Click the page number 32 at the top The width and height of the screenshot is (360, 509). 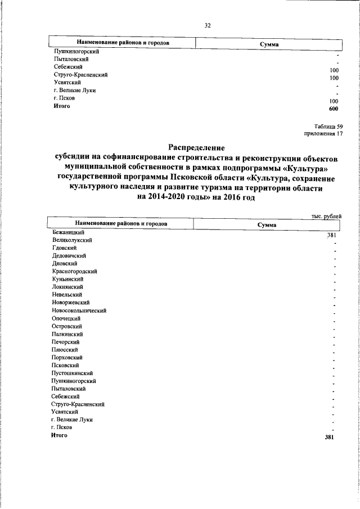[207, 25]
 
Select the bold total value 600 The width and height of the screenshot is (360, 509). [334, 108]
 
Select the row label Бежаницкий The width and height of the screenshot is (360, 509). [67, 232]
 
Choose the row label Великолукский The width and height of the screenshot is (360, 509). [71, 240]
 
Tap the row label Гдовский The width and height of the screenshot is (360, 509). [64, 247]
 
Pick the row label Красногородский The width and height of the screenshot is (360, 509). [74, 271]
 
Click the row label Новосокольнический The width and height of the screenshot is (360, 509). [78, 310]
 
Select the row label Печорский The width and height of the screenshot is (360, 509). [65, 342]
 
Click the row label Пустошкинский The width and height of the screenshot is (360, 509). [71, 373]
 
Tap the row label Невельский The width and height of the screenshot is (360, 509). [66, 295]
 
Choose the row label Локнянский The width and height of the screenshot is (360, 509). [66, 287]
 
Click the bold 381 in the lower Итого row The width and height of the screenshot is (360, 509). [330, 436]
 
